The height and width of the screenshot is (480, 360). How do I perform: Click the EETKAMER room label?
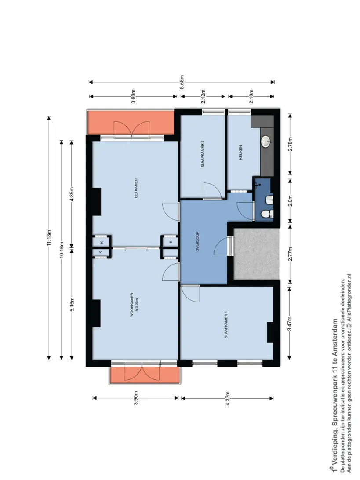point(136,188)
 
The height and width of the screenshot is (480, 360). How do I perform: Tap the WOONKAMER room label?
point(132,304)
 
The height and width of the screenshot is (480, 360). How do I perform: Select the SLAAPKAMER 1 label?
point(226,325)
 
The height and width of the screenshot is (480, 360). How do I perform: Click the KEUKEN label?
point(240,153)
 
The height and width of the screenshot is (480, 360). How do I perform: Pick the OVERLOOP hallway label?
point(197,241)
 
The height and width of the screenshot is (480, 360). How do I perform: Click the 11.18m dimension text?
point(49,238)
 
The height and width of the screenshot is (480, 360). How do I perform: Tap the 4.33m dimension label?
point(228,398)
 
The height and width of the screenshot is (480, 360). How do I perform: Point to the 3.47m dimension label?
point(290,323)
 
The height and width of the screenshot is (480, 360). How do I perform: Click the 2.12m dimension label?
point(203,96)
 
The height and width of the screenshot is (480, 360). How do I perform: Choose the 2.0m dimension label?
point(290,200)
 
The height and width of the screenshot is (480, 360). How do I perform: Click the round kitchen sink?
point(265,142)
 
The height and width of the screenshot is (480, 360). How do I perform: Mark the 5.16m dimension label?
point(72,304)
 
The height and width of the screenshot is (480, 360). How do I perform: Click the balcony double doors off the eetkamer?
point(131,128)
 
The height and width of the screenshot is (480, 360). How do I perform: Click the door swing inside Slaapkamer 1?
point(190,293)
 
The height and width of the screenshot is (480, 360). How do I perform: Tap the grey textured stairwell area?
point(257,254)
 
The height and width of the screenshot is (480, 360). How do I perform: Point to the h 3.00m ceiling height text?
point(137,305)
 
